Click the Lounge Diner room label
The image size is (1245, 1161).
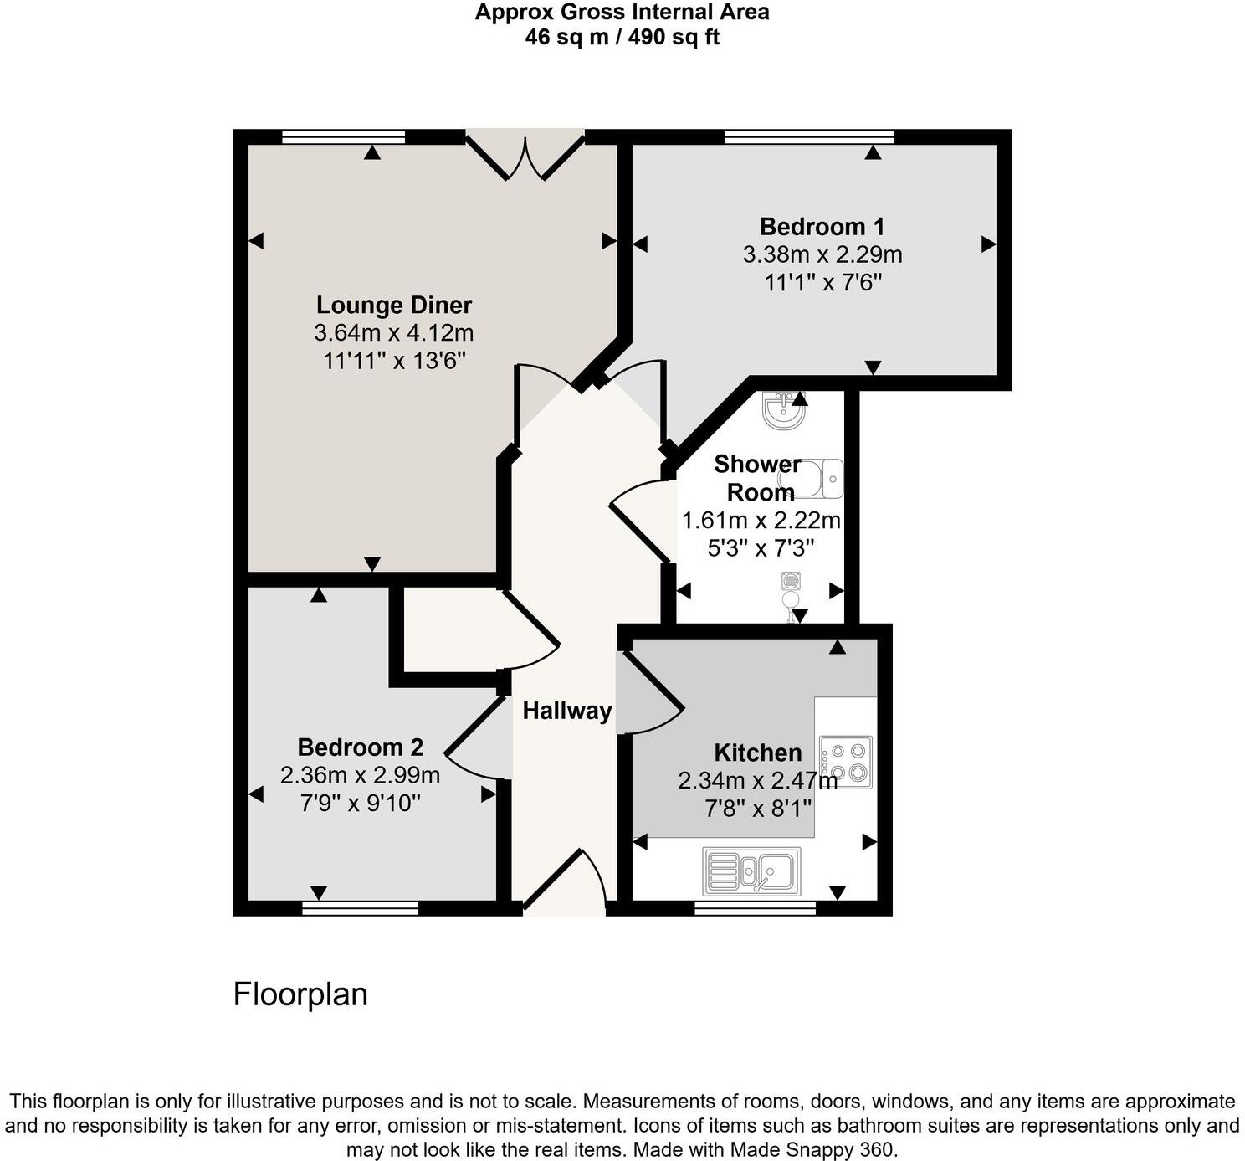[394, 305]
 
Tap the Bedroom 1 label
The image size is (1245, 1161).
[822, 227]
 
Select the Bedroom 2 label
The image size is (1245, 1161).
[360, 747]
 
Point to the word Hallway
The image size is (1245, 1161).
[567, 711]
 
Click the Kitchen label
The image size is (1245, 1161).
[757, 753]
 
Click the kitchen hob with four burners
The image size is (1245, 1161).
[846, 762]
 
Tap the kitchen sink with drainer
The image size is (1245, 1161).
[752, 871]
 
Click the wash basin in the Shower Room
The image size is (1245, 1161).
[782, 412]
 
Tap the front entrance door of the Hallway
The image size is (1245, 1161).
[564, 883]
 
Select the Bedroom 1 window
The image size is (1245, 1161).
[809, 136]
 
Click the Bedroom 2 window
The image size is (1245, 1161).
[360, 908]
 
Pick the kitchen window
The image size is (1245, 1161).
[755, 908]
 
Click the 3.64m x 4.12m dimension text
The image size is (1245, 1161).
[394, 333]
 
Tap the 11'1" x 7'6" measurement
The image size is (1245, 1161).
[823, 283]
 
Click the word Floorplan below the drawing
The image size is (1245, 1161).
[300, 994]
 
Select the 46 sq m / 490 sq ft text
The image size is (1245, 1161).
[622, 37]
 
